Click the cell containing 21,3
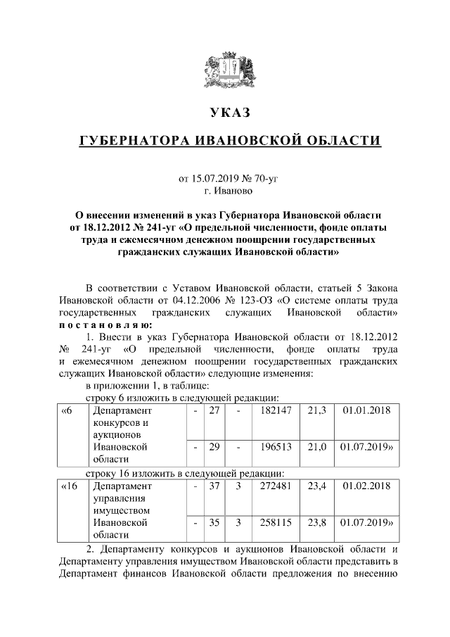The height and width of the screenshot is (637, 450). pos(316,410)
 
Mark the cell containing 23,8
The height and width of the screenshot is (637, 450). pos(316,523)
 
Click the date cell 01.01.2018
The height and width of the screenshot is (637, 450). pos(366,410)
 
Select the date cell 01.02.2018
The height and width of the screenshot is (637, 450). pos(366,486)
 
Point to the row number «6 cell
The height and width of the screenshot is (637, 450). pos(67,410)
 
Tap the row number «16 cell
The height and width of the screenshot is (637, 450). pos(70,486)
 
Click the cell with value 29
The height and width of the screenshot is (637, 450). pos(214,447)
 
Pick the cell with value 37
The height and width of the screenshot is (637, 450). pos(214,486)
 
